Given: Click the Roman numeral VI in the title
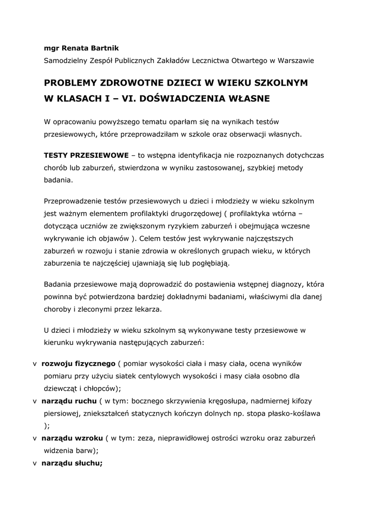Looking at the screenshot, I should click(124, 97).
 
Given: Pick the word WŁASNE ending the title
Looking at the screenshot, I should click(246, 97).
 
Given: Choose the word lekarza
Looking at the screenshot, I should click(149, 309).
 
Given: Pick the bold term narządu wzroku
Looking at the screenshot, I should click(72, 438).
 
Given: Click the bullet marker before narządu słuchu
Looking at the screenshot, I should click(34, 463).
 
